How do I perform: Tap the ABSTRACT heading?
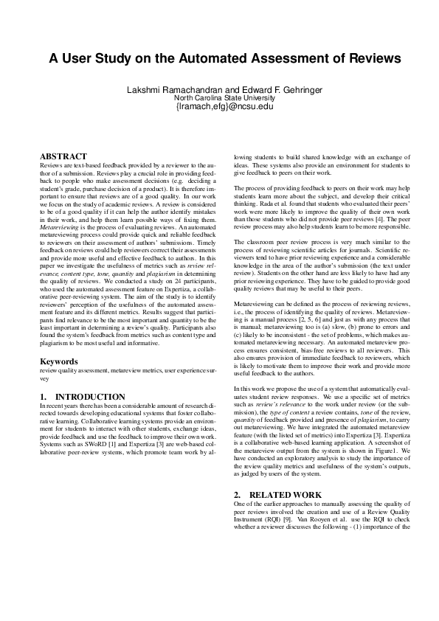(x=63, y=156)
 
